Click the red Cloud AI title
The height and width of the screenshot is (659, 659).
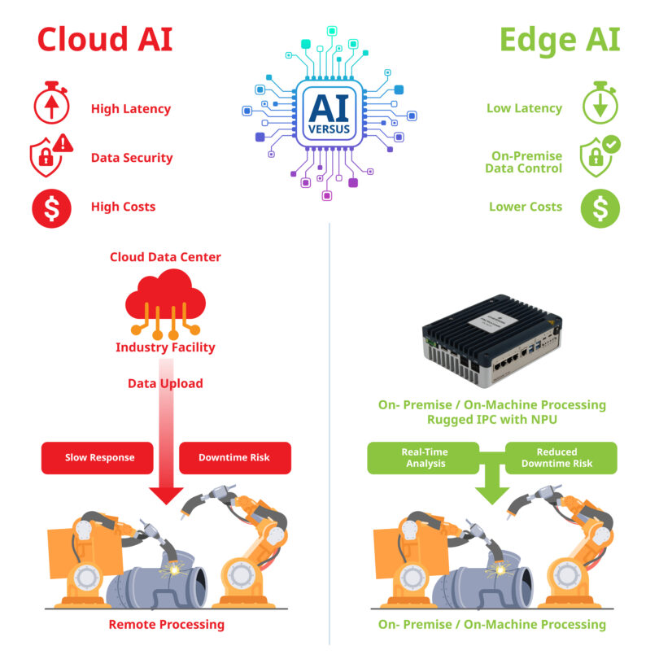pyautogui.click(x=105, y=39)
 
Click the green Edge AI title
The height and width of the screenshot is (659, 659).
pyautogui.click(x=560, y=41)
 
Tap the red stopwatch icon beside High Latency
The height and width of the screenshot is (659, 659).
pyautogui.click(x=51, y=103)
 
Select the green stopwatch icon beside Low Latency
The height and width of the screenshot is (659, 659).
pyautogui.click(x=600, y=103)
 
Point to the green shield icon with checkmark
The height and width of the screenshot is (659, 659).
pyautogui.click(x=600, y=156)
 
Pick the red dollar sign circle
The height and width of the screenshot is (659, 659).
pyautogui.click(x=52, y=208)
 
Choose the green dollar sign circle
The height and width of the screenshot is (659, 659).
pyautogui.click(x=600, y=208)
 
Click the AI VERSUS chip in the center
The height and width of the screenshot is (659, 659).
pyautogui.click(x=329, y=113)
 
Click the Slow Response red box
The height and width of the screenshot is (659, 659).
pyautogui.click(x=97, y=458)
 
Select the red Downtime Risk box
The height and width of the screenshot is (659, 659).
pyautogui.click(x=235, y=458)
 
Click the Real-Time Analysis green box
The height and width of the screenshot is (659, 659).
pyautogui.click(x=423, y=458)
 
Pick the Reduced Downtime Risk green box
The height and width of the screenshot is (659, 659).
pyautogui.click(x=561, y=458)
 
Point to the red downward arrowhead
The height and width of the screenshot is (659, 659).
pyautogui.click(x=166, y=495)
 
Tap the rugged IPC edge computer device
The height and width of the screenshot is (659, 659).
pyautogui.click(x=492, y=340)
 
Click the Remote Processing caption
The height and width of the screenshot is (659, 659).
pyautogui.click(x=167, y=625)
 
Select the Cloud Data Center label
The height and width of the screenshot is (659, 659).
pyautogui.click(x=165, y=257)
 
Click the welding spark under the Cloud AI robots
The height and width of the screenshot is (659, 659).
pyautogui.click(x=174, y=570)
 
